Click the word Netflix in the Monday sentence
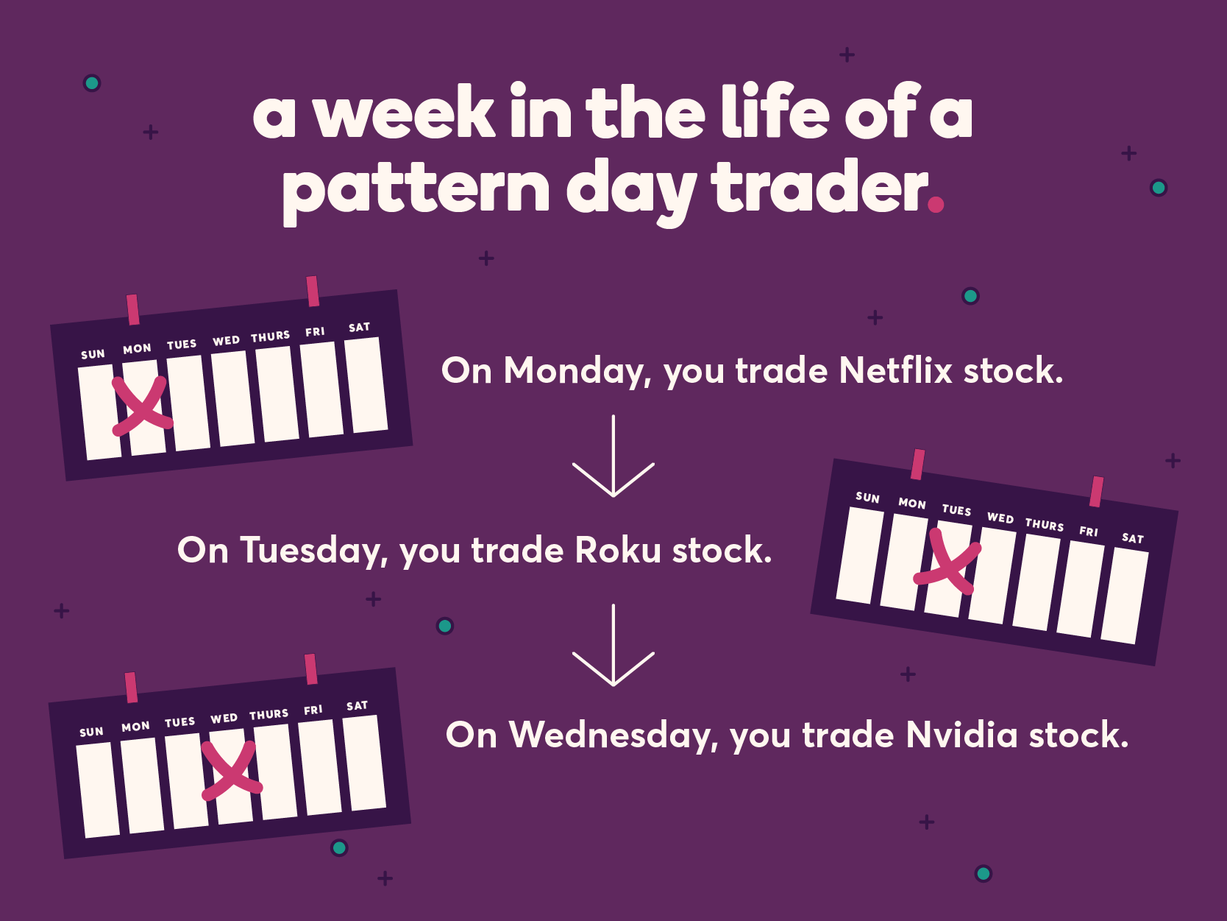[x=895, y=370]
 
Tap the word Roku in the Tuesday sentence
[x=618, y=550]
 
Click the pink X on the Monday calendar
[x=141, y=405]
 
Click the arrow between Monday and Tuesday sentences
[x=613, y=456]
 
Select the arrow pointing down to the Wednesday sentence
[x=613, y=646]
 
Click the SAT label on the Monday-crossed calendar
[x=359, y=328]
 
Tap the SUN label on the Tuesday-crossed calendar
[x=868, y=498]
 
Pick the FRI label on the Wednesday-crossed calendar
[x=313, y=710]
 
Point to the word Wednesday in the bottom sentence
[x=613, y=735]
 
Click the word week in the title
[x=403, y=113]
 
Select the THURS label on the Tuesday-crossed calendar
[x=1045, y=525]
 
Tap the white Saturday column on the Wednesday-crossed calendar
[x=364, y=763]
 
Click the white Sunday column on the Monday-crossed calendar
[x=99, y=412]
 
